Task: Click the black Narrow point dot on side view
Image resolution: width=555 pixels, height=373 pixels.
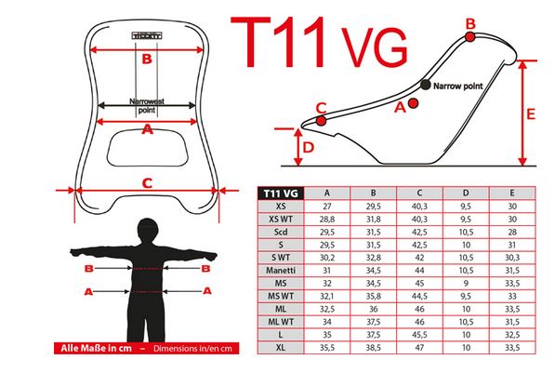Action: tap(426, 85)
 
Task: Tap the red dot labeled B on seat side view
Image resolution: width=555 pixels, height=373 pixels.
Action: tap(470, 36)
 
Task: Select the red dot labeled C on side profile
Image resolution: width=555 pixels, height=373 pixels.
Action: tap(321, 121)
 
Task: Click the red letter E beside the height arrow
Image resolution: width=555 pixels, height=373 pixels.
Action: tap(531, 114)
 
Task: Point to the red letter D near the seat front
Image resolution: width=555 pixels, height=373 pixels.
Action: tap(309, 147)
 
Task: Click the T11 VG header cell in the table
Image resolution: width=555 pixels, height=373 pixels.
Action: tap(281, 193)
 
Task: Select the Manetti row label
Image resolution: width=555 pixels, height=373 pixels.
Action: tap(281, 271)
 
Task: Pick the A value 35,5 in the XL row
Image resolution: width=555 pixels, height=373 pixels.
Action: tap(327, 348)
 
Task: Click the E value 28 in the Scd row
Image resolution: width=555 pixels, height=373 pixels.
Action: tap(512, 232)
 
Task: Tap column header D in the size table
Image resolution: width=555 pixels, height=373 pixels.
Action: tap(466, 193)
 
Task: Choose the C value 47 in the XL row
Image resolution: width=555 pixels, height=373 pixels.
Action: tap(419, 348)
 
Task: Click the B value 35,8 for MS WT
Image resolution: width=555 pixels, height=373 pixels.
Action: tap(374, 296)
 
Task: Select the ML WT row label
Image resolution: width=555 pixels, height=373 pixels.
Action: tap(281, 322)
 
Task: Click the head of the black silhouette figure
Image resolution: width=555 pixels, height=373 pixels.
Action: tap(147, 230)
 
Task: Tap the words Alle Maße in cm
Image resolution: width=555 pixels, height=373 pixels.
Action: tap(96, 348)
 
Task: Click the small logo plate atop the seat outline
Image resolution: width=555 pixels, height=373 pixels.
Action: tap(147, 35)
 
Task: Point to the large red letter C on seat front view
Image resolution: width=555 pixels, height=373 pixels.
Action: tap(147, 183)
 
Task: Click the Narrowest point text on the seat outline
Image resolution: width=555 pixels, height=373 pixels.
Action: tap(147, 105)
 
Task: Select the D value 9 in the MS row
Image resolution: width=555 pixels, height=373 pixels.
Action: tap(466, 284)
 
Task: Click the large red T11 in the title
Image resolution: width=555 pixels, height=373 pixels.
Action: tap(278, 42)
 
